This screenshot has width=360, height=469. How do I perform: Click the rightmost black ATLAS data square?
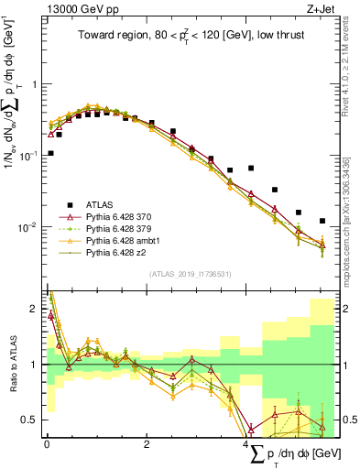322,221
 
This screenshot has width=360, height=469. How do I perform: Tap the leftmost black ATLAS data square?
50,153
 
